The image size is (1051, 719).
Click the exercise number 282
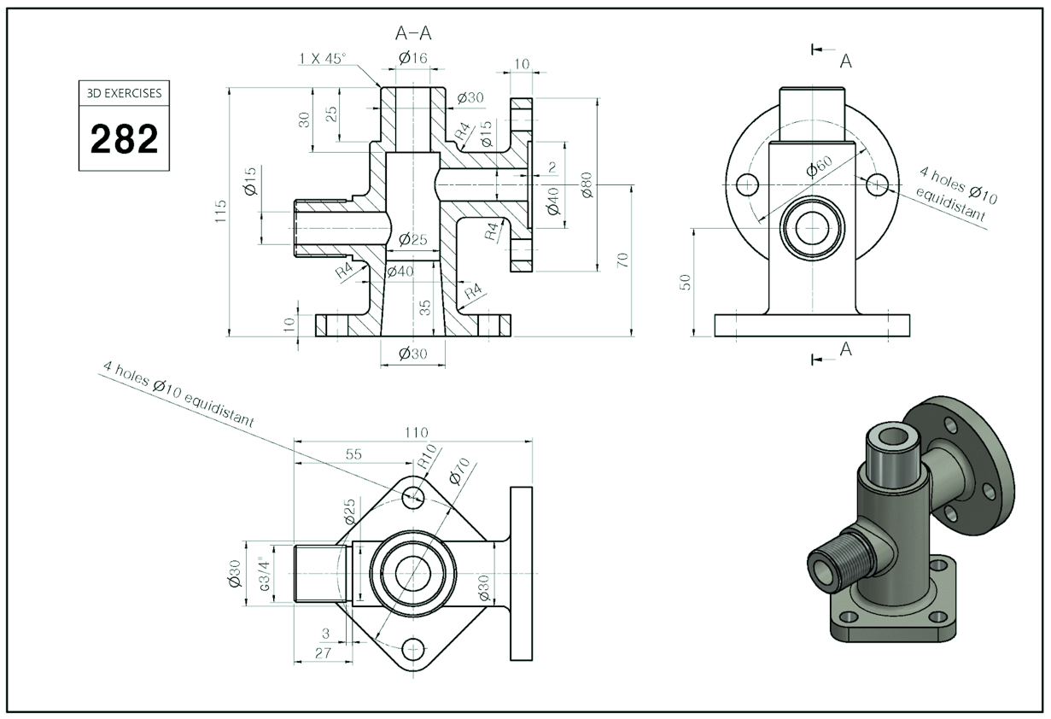pos(124,138)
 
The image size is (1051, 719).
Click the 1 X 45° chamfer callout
pos(323,58)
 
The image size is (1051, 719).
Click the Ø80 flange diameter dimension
pos(587,184)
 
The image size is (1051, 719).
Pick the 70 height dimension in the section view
pos(623,260)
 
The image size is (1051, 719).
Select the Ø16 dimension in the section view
pos(412,58)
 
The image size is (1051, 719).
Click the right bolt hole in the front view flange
pos(877,184)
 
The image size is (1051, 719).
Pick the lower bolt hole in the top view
pos(414,650)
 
